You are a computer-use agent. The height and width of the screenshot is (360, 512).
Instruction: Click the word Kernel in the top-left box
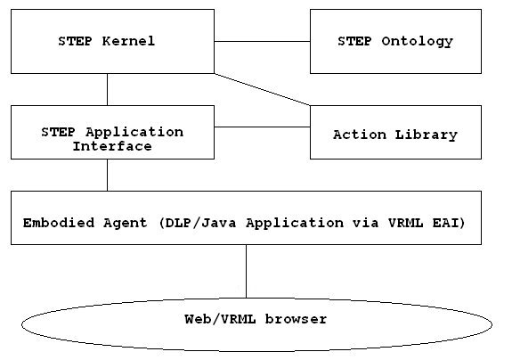point(128,41)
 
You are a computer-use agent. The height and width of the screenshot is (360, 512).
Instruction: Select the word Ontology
point(417,42)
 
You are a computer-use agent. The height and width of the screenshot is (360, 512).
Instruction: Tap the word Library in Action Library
point(427,135)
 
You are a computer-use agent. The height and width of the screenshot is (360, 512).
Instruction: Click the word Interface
point(112,146)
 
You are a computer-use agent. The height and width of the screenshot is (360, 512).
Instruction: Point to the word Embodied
point(59,223)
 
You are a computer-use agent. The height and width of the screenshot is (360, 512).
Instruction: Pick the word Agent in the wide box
point(126,224)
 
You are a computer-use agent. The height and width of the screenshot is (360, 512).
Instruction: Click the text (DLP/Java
point(198,223)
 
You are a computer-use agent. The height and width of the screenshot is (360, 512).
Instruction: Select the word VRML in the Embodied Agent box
point(405,223)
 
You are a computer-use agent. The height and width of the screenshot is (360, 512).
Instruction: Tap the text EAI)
point(449,223)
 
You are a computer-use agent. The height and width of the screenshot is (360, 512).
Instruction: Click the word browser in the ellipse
point(296,319)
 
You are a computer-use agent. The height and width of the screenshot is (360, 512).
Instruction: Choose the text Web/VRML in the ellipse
point(220,319)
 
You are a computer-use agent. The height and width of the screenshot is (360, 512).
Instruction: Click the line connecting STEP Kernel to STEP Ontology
point(262,42)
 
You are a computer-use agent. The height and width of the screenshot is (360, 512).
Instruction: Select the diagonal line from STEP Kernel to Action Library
point(262,89)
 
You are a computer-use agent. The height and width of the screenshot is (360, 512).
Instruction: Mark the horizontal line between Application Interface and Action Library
point(262,127)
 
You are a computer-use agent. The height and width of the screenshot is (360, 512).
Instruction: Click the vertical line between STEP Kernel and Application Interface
point(107,89)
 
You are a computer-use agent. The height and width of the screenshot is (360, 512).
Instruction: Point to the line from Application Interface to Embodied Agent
point(107,176)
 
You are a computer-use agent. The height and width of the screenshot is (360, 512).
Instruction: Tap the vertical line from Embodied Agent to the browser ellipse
point(246,271)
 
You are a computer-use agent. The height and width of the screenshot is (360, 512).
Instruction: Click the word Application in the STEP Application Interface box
point(134,132)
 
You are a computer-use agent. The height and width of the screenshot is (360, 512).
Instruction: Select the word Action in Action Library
point(360,135)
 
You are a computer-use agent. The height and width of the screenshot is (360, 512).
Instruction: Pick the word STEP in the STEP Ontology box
point(354,41)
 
